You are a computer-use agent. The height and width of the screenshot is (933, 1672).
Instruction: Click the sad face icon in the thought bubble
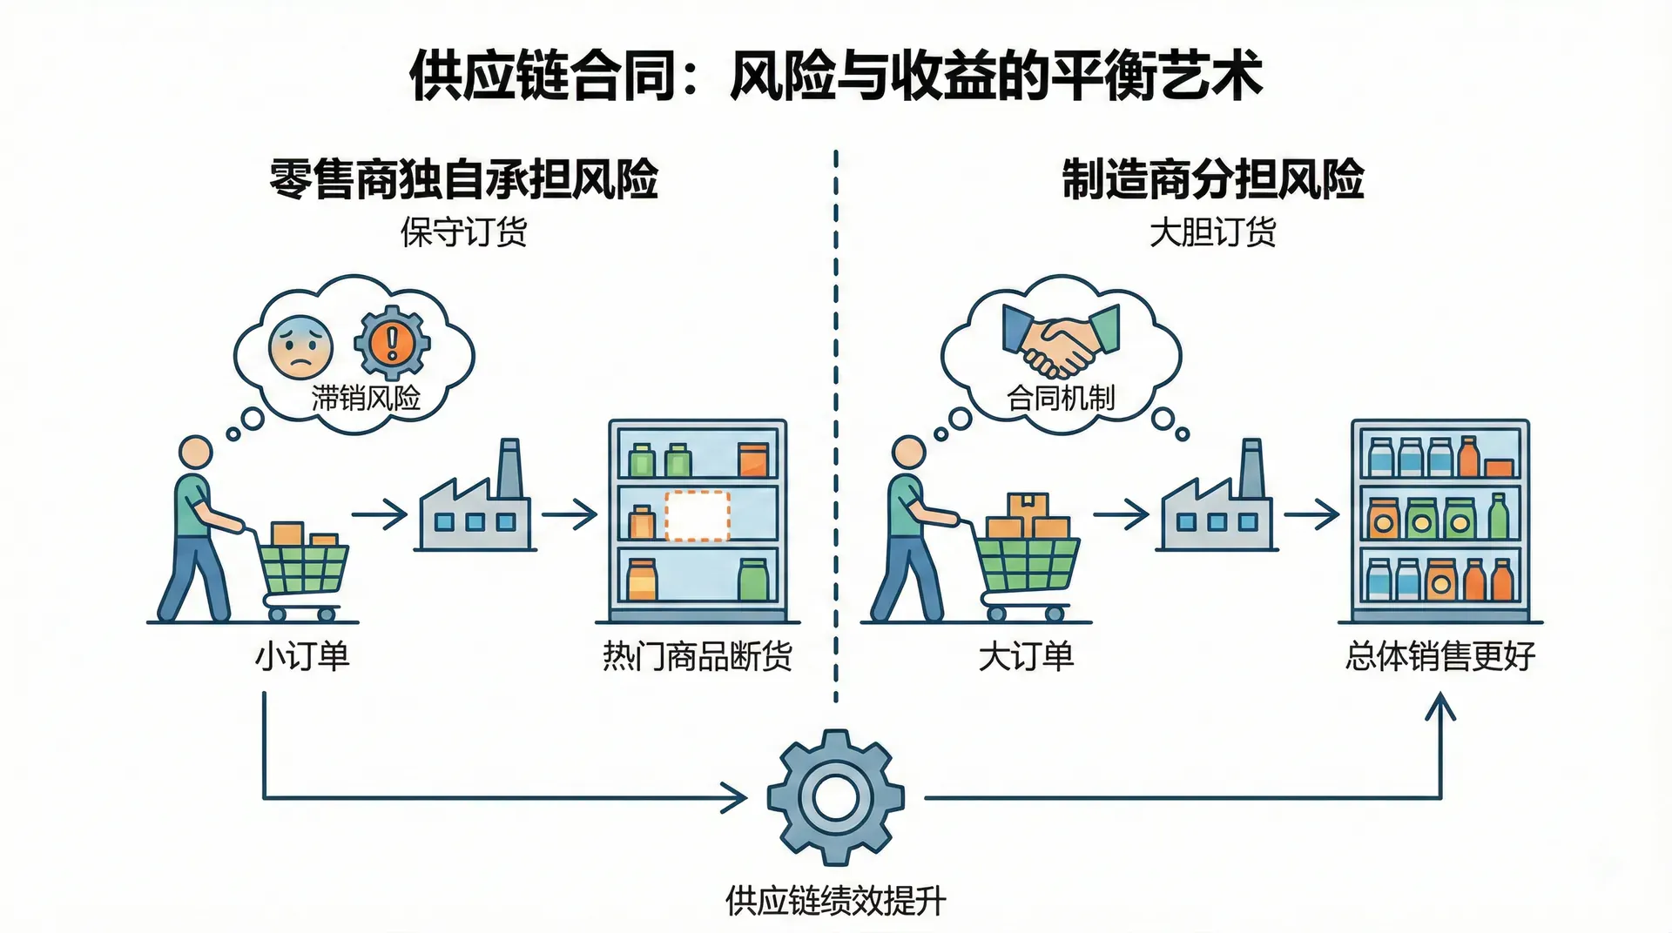[x=300, y=346]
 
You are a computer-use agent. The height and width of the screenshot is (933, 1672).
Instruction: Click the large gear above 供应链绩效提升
[x=835, y=797]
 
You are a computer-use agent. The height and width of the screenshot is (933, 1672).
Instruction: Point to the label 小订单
[x=302, y=656]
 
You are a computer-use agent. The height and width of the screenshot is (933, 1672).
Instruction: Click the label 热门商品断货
[x=698, y=656]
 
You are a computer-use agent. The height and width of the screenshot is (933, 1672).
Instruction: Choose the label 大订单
[x=1026, y=656]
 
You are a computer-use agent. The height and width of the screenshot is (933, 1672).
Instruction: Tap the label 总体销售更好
[x=1439, y=656]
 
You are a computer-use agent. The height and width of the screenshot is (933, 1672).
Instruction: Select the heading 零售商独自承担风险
[x=463, y=179]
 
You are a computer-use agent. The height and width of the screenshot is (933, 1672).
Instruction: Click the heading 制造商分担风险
[x=1212, y=179]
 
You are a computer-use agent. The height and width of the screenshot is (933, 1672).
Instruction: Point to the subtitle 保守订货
[x=463, y=232]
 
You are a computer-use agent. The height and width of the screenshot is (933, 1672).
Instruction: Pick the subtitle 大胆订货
[x=1212, y=232]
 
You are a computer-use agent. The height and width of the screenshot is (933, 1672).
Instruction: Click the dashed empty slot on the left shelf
[x=698, y=516]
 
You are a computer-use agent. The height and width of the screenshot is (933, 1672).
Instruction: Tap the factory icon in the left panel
[x=475, y=505]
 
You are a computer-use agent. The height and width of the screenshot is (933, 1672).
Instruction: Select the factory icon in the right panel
[x=1217, y=505]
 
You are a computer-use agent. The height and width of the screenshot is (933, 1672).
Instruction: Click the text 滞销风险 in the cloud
[x=366, y=398]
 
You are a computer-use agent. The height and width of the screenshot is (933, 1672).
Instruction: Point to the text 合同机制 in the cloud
[x=1061, y=398]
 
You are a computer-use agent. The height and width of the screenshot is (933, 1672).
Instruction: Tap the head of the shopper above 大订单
[x=909, y=453]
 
